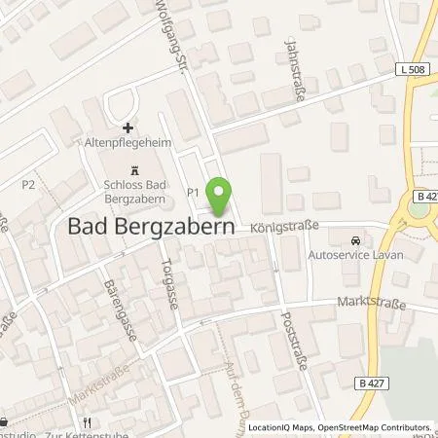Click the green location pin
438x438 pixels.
pyautogui.click(x=222, y=196)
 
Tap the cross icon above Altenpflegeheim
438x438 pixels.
pyautogui.click(x=128, y=128)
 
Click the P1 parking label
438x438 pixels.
pyautogui.click(x=193, y=193)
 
